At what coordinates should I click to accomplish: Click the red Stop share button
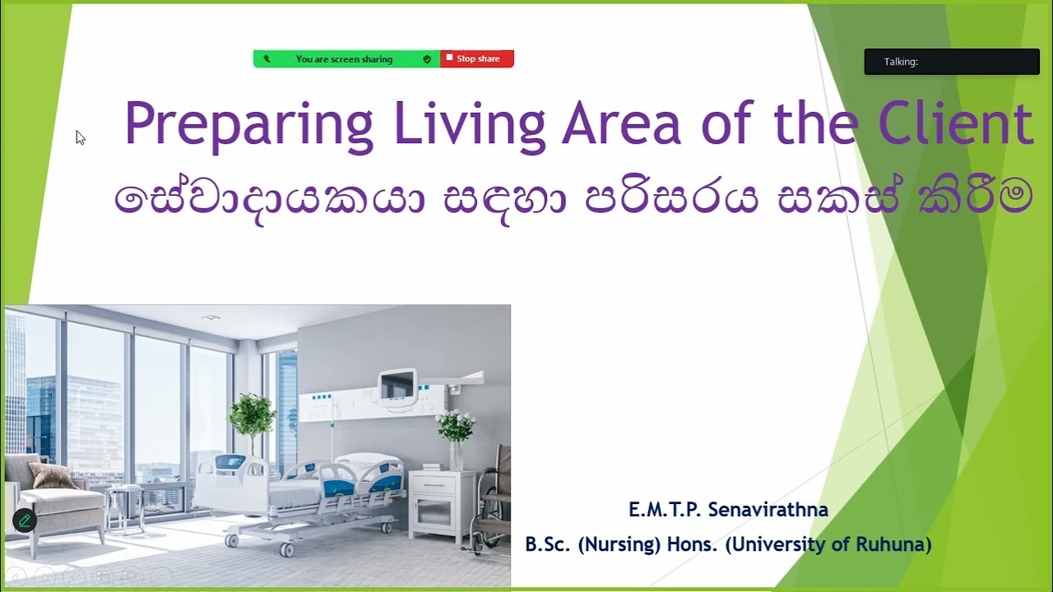point(477,59)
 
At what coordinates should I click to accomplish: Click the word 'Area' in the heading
point(621,123)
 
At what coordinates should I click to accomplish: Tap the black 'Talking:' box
point(952,62)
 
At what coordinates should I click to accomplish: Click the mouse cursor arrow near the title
point(80,137)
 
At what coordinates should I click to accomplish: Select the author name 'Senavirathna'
point(768,510)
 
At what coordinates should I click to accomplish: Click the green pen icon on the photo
point(24,520)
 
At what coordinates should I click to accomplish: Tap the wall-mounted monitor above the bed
point(397,386)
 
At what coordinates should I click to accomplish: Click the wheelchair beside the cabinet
point(494,502)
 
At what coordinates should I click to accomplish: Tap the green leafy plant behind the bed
point(252,415)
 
